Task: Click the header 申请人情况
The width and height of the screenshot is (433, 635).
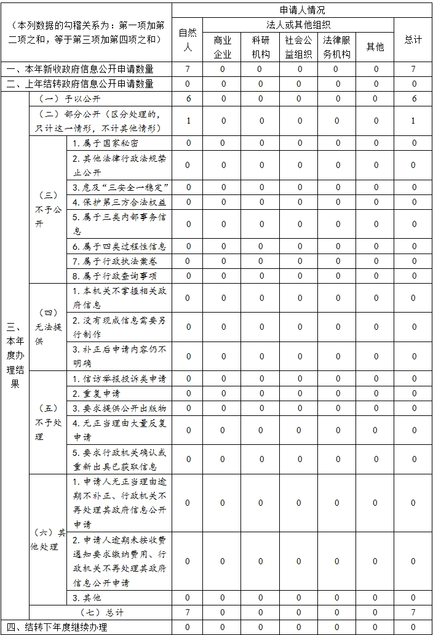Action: click(x=301, y=10)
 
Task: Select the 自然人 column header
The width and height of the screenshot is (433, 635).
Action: click(x=188, y=39)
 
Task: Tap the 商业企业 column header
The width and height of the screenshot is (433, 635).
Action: click(x=223, y=47)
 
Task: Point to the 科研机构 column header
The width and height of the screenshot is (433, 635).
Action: click(x=261, y=47)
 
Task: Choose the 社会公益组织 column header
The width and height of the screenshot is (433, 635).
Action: click(x=299, y=47)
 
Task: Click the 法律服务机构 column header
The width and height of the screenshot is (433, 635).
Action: click(x=337, y=47)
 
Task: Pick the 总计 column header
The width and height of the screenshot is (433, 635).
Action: click(x=413, y=39)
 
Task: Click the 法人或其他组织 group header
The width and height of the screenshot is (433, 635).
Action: click(x=298, y=25)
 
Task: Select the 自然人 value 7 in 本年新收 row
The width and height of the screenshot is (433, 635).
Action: click(x=188, y=69)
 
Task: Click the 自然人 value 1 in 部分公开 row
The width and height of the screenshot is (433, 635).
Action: click(x=188, y=121)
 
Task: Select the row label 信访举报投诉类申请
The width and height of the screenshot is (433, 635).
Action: click(x=119, y=378)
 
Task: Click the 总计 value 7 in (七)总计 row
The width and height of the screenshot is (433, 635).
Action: click(x=413, y=612)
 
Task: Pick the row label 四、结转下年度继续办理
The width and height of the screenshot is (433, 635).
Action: click(x=60, y=627)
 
